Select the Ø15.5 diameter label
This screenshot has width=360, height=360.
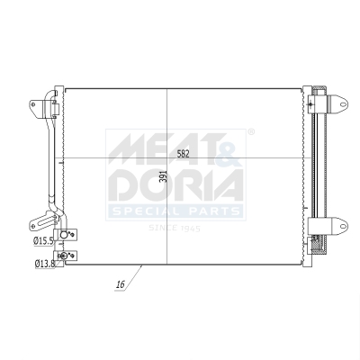(x=43, y=241)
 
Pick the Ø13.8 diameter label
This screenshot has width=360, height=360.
(x=43, y=264)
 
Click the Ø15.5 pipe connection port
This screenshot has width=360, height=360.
(x=65, y=238)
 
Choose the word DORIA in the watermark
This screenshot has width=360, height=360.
(x=175, y=185)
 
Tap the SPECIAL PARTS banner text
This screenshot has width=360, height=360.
(x=175, y=211)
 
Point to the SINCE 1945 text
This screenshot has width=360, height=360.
(x=174, y=228)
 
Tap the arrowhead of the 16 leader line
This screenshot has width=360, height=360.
(x=142, y=265)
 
